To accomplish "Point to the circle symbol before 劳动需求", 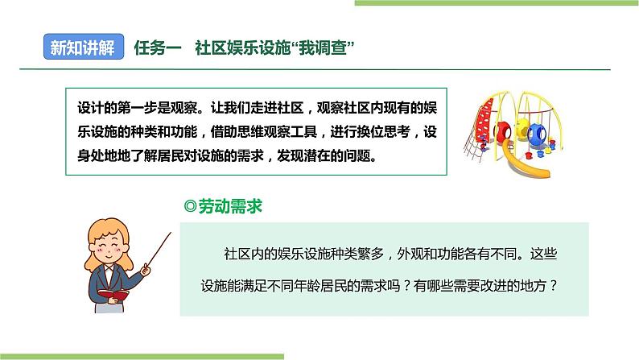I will point(191,207).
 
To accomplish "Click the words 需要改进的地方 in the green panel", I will point(501,286).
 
